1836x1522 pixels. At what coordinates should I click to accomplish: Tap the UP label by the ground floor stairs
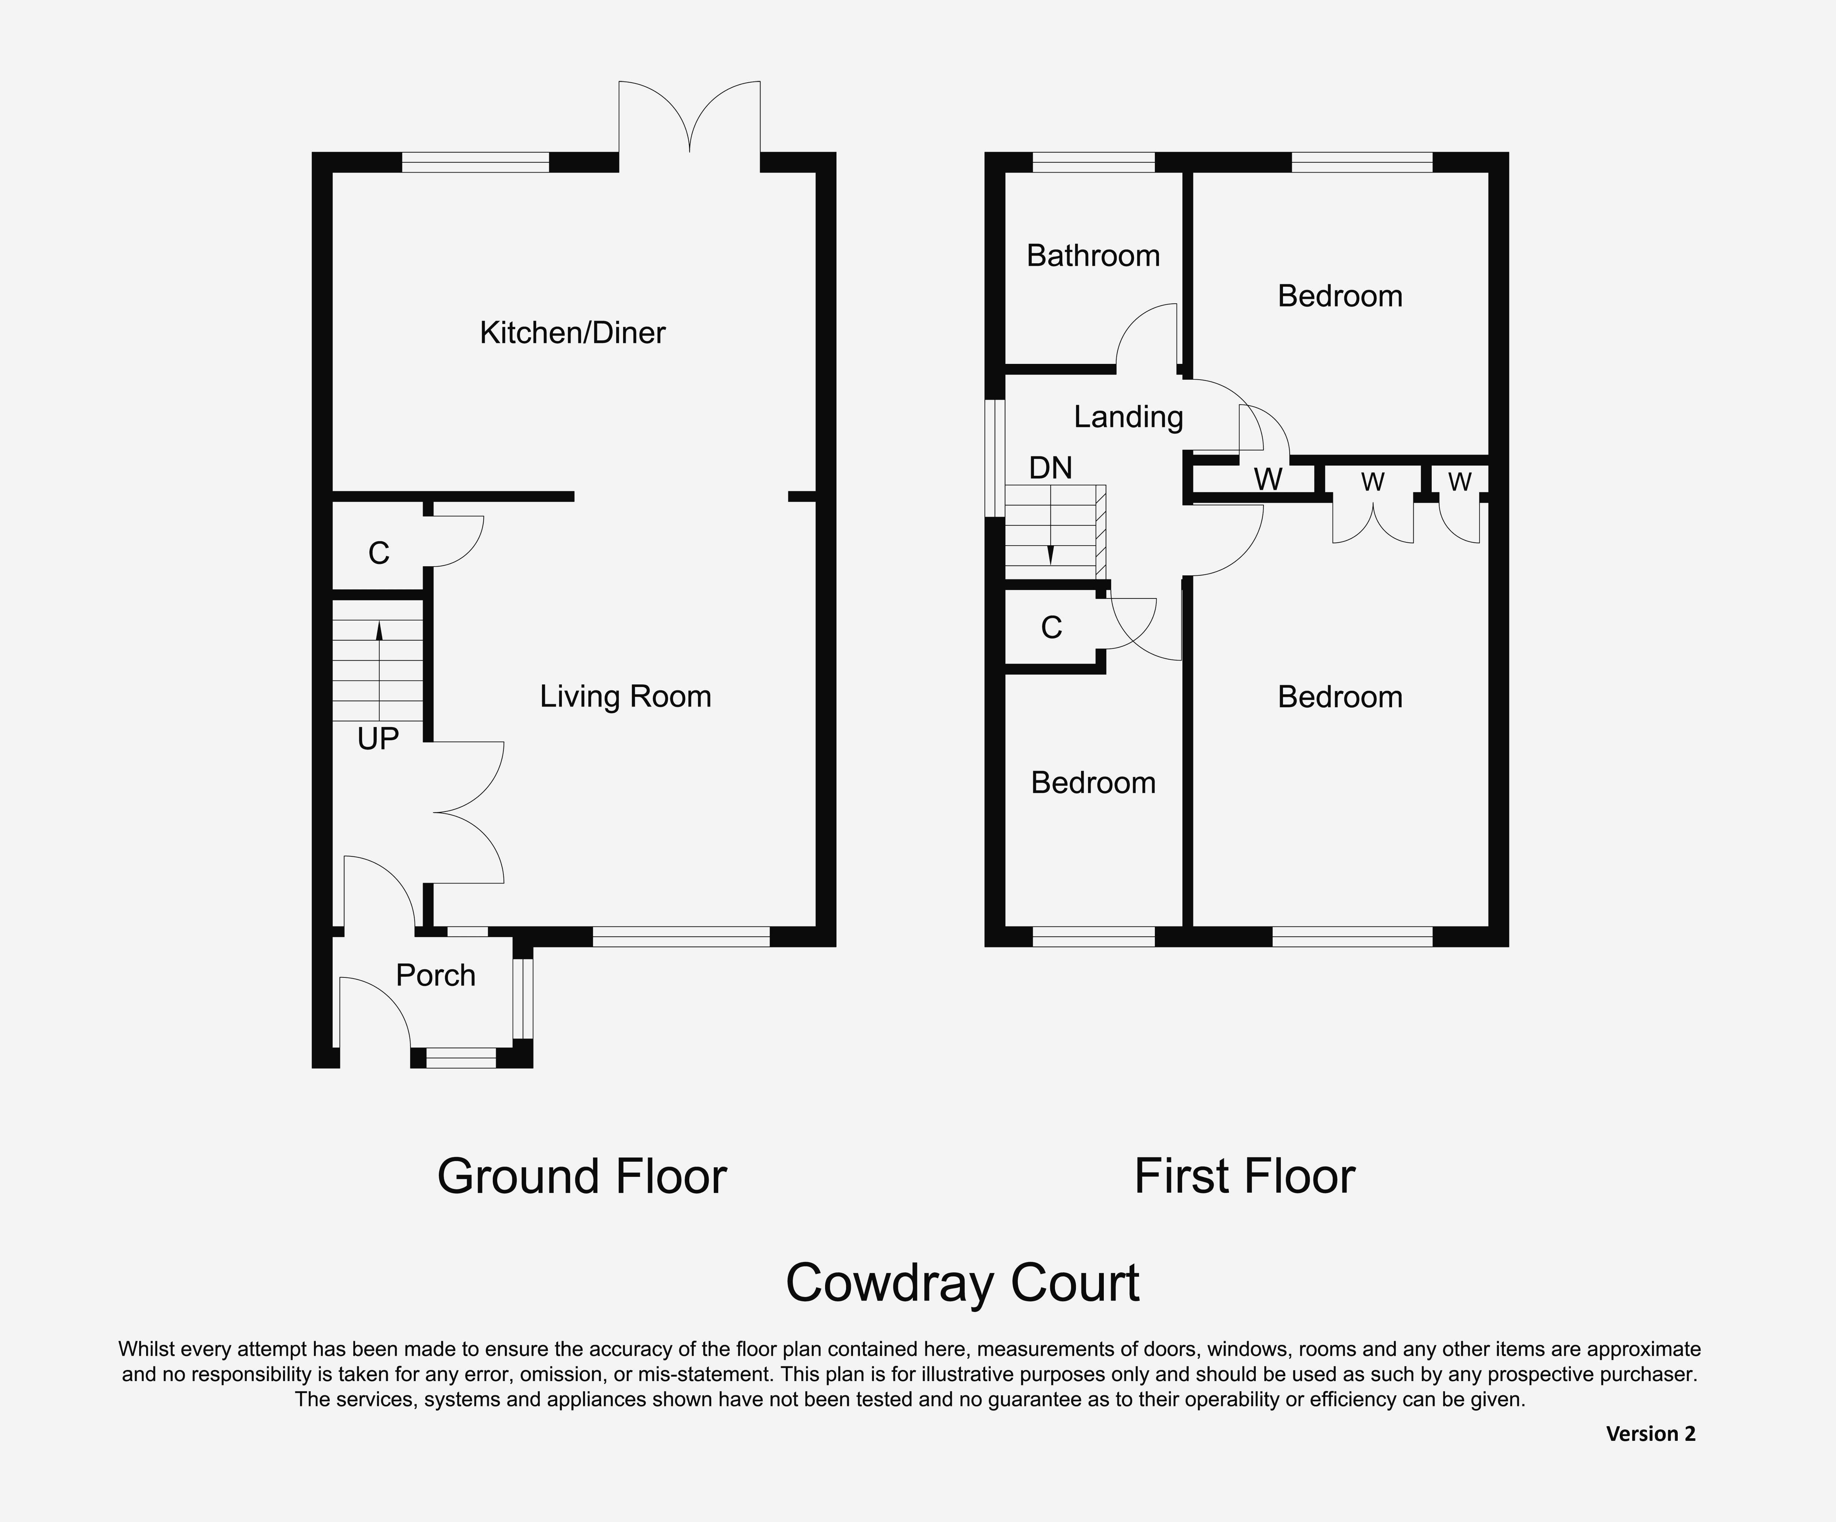pos(378,740)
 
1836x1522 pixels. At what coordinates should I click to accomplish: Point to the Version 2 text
pos(1651,1434)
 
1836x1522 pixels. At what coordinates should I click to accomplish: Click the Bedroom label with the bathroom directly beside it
pos(1340,296)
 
